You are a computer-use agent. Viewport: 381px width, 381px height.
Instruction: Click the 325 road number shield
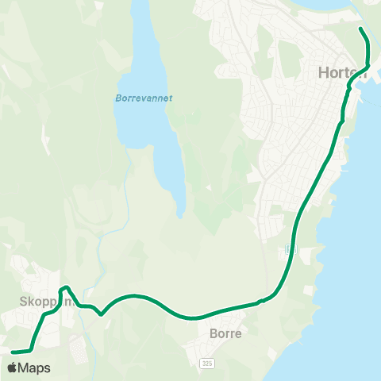point(207,363)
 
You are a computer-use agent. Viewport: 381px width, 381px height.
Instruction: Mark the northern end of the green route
point(361,29)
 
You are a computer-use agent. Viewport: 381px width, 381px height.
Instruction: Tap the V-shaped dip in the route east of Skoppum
point(101,314)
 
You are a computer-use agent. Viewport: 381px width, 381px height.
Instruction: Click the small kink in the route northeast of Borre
point(261,301)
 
